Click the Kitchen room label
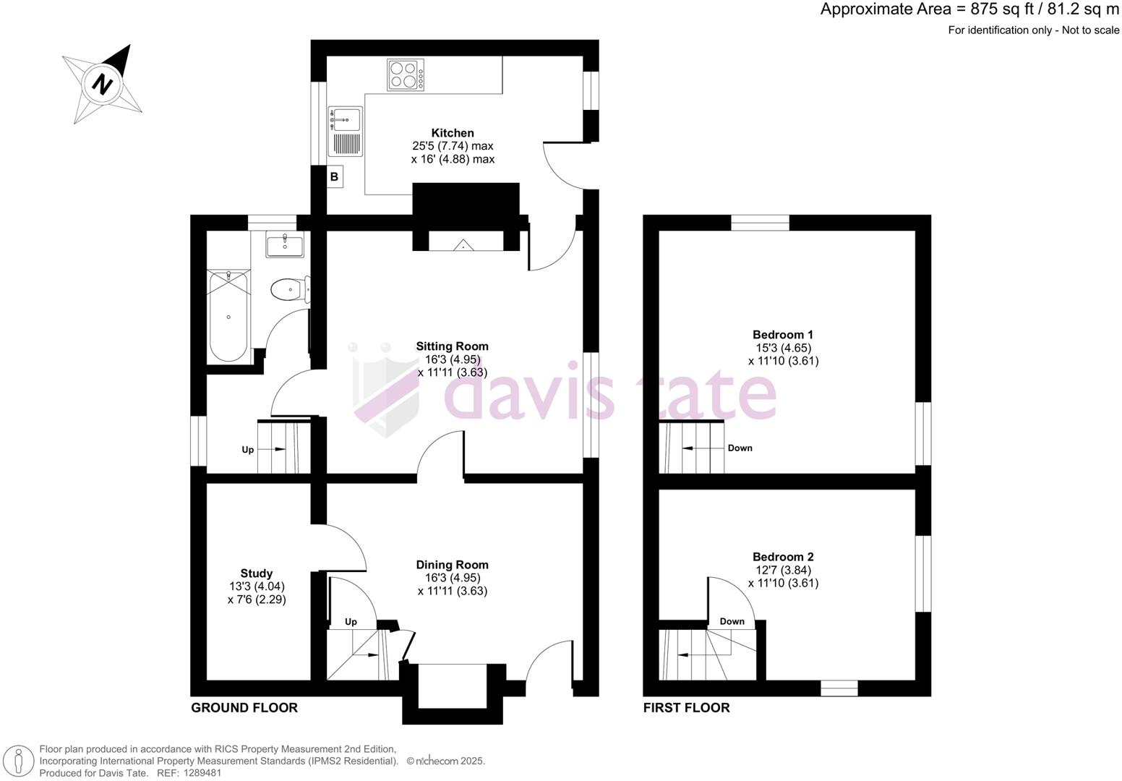tap(453, 133)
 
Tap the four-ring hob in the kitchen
tap(406, 74)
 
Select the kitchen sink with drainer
tap(346, 132)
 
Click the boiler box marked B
tap(334, 176)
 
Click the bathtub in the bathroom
tap(229, 317)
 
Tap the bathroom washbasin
tap(285, 244)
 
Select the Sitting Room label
tap(453, 346)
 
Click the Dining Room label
tap(453, 565)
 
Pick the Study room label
tap(257, 573)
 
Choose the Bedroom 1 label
tap(783, 335)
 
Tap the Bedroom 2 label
tap(783, 557)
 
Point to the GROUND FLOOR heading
tap(244, 708)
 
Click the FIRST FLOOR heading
tap(687, 708)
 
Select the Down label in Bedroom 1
tap(740, 448)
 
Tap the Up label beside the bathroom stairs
tap(248, 450)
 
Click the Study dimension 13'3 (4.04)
tap(257, 586)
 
